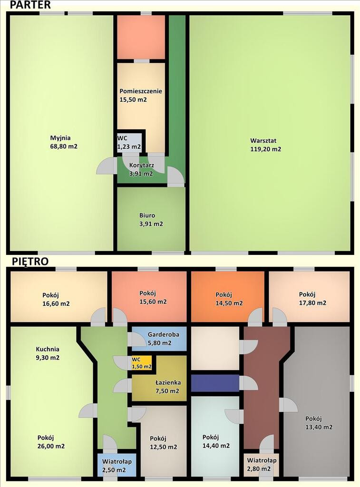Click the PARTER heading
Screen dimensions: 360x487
pos(30,5)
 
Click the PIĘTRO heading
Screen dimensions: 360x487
pos(30,261)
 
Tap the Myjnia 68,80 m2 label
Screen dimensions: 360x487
pos(64,142)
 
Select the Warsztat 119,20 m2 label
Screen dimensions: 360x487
pos(265,145)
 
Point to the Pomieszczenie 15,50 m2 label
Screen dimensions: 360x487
pos(141,95)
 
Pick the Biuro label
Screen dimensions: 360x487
pos(147,215)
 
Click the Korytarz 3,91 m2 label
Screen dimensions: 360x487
pos(141,169)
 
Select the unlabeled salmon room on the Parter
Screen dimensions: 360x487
pos(141,37)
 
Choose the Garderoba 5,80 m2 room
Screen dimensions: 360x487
pos(159,339)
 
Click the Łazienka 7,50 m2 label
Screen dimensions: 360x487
pos(168,387)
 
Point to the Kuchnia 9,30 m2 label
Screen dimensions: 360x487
pos(48,353)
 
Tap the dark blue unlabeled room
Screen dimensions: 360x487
pos(215,383)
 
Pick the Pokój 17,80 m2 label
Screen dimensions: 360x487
pos(312,299)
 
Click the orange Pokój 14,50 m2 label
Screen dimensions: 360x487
pos(229,299)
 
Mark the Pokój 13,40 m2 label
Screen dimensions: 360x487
pos(319,423)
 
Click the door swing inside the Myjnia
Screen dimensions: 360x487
pos(105,166)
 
